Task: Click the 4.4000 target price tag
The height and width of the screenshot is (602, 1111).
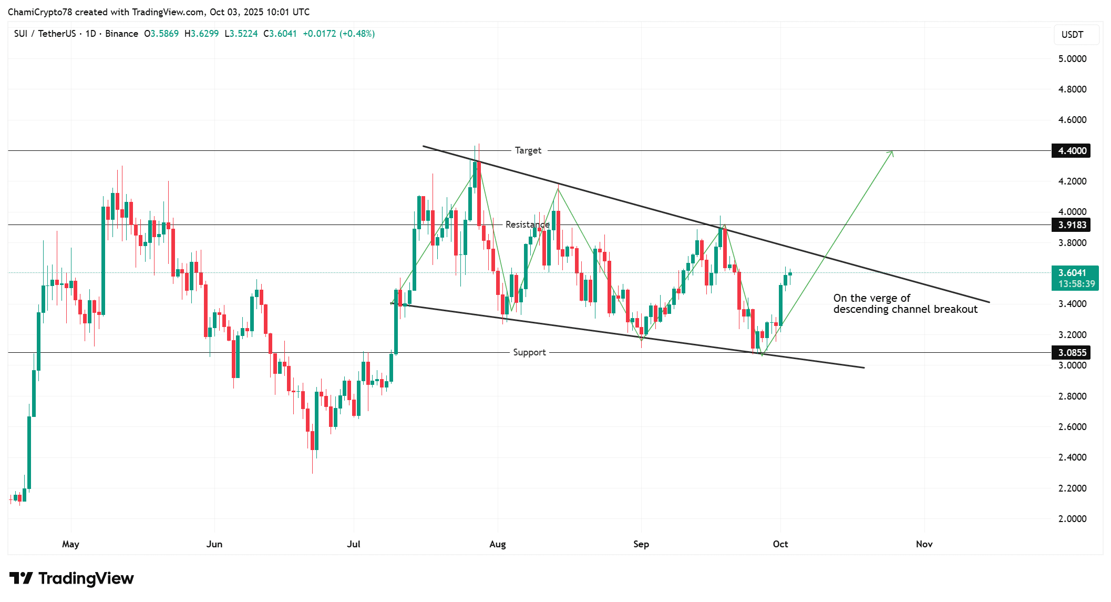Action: coord(1072,151)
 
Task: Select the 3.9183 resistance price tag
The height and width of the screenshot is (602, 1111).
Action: coord(1072,225)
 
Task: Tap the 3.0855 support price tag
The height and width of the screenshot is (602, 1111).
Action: coord(1072,353)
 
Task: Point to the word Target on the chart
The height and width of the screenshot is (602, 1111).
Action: coord(528,150)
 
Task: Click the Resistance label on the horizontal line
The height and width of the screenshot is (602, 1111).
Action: coord(527,225)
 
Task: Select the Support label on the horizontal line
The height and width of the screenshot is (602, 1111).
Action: coord(529,352)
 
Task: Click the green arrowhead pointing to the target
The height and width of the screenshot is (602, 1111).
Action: coord(891,153)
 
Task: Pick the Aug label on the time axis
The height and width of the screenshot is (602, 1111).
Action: coord(497,544)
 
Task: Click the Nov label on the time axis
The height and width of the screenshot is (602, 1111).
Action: coord(924,544)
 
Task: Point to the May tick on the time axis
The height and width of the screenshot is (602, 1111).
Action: coord(70,544)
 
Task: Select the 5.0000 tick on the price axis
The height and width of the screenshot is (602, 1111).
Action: coord(1072,59)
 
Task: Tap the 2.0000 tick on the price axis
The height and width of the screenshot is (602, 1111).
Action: coord(1072,519)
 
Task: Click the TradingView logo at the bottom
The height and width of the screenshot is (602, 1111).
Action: coord(71,578)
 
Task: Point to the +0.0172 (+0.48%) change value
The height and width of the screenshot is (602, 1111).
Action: coord(338,34)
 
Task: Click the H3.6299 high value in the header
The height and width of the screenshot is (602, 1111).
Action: coord(201,34)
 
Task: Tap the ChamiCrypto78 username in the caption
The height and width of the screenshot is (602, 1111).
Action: coord(40,12)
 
